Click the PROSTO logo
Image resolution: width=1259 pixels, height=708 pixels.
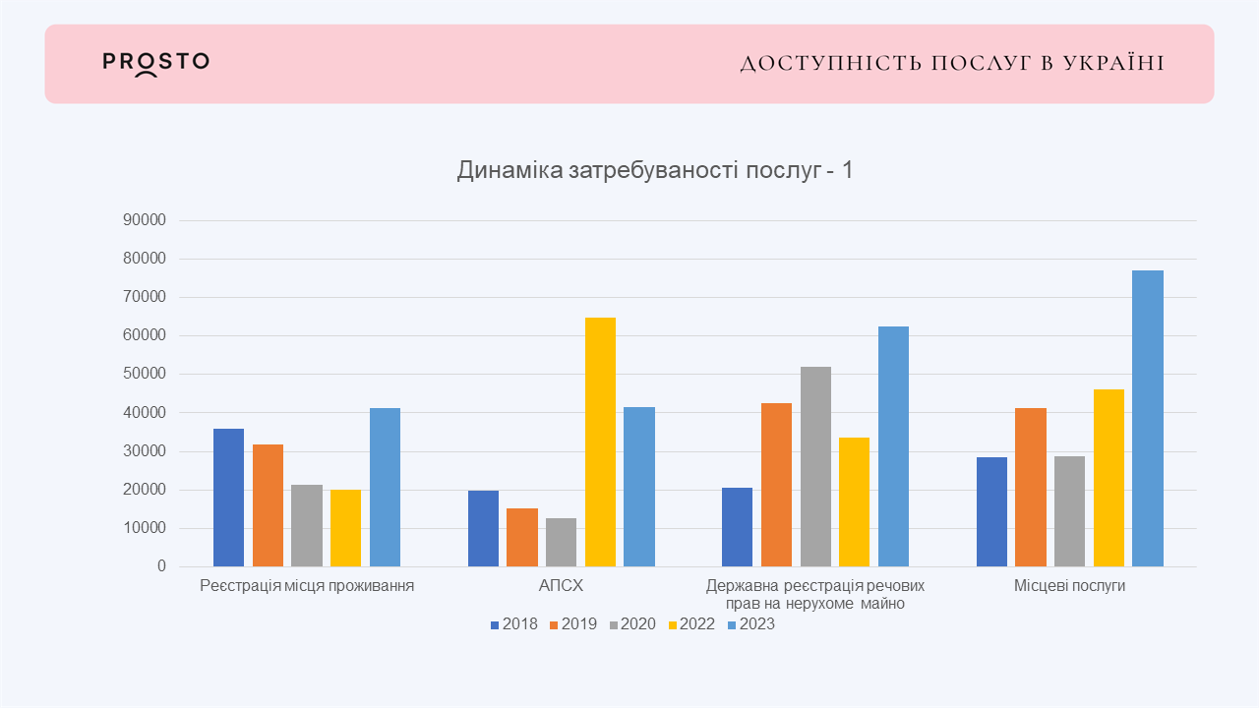click(155, 63)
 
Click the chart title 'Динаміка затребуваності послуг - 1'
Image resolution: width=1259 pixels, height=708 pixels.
click(655, 170)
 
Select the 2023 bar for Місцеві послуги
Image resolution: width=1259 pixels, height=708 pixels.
click(1147, 418)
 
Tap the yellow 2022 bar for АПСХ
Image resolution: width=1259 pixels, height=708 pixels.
click(600, 442)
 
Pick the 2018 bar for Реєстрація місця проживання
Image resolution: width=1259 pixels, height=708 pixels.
click(228, 498)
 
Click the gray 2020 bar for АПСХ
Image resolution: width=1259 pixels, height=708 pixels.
click(562, 542)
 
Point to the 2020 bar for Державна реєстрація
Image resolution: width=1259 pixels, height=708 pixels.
click(815, 466)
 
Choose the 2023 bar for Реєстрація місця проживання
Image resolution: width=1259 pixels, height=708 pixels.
click(385, 487)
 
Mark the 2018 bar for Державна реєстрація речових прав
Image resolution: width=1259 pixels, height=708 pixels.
click(737, 527)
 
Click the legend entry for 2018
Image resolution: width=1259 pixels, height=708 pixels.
click(513, 624)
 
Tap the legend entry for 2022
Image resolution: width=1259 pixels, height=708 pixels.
click(691, 624)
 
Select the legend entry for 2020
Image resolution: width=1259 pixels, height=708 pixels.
click(631, 624)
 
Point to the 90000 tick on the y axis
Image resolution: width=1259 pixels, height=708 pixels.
click(145, 220)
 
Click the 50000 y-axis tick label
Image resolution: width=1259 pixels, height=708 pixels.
click(145, 375)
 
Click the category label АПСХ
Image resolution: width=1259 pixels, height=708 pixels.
click(561, 586)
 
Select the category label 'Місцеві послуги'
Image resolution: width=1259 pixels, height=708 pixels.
click(1069, 586)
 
